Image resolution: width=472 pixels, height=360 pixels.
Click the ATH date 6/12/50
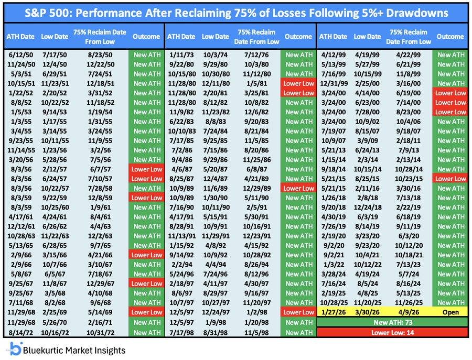pyautogui.click(x=19, y=54)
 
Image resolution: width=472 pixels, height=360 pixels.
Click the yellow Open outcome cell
pyautogui.click(x=450, y=312)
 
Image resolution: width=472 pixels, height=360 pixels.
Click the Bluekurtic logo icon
pyautogui.click(x=15, y=348)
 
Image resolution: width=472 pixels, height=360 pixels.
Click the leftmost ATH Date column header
pyautogui.click(x=20, y=37)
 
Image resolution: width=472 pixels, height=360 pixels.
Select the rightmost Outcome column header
pyautogui.click(x=450, y=37)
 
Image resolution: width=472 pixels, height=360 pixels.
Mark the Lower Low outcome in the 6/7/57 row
pyautogui.click(x=146, y=169)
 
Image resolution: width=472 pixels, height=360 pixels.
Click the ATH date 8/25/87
pyautogui.click(x=180, y=179)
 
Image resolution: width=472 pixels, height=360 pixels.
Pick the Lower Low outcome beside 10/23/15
pyautogui.click(x=450, y=179)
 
